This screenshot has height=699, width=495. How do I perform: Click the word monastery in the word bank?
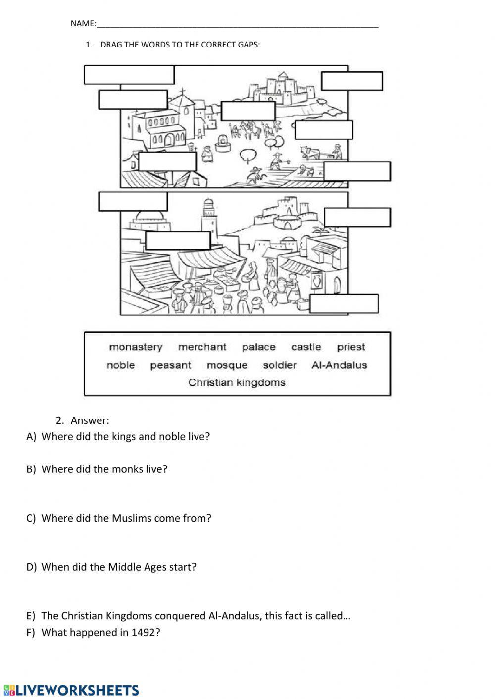136,347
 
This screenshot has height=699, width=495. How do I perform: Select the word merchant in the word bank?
202,347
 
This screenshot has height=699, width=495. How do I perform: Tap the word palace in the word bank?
258,347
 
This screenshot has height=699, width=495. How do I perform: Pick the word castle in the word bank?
306,347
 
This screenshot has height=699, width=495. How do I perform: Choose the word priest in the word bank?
351,347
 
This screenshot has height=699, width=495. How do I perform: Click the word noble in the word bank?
121,365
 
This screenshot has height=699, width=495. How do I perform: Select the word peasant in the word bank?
170,365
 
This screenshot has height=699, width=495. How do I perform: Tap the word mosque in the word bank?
227,365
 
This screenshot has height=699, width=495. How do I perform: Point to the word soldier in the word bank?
280,365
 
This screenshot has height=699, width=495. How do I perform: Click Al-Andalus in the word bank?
339,365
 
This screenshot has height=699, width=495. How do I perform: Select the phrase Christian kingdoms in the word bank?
237,382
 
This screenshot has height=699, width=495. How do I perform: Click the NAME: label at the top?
83,23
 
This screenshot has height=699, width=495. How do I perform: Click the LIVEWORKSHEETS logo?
71,690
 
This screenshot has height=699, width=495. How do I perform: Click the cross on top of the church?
182,92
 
